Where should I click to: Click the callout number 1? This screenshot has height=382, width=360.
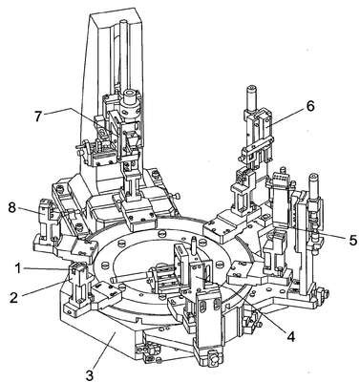click(17, 268)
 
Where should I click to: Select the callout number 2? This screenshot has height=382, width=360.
click(13, 297)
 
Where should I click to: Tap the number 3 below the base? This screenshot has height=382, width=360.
click(90, 374)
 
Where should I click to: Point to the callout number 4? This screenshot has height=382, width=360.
click(290, 336)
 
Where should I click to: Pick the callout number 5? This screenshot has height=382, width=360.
click(352, 240)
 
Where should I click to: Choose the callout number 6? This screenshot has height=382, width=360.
click(310, 106)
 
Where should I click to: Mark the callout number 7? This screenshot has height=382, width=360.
click(38, 117)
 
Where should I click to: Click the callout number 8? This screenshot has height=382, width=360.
click(11, 209)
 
